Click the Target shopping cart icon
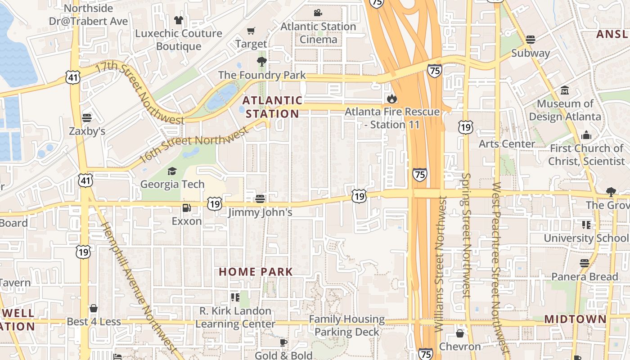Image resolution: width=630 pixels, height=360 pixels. click(x=251, y=31)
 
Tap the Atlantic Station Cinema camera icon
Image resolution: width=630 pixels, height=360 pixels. click(x=318, y=13)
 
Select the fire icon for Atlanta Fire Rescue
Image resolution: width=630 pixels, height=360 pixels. click(x=392, y=98)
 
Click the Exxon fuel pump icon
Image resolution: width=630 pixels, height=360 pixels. click(x=186, y=208)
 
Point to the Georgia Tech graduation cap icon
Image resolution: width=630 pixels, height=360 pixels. click(x=172, y=171)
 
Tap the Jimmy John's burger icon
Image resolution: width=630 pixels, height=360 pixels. click(x=260, y=198)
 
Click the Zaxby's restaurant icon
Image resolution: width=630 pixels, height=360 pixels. click(x=87, y=118)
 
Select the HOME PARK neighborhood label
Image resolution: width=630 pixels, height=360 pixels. click(x=256, y=272)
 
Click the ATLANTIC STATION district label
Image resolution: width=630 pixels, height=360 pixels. click(x=272, y=107)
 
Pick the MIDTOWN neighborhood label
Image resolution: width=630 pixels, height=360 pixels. click(x=575, y=319)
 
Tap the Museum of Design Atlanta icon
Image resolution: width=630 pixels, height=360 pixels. click(x=565, y=90)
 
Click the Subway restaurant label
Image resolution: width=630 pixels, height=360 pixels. click(x=531, y=53)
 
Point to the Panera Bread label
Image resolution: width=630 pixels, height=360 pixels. click(x=585, y=277)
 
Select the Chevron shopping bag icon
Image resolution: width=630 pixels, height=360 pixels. click(x=460, y=333)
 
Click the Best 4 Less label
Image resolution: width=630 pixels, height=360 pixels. click(x=94, y=322)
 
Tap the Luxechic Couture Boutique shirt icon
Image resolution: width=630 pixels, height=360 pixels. click(x=179, y=20)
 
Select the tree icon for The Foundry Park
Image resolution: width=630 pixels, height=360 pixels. click(x=261, y=62)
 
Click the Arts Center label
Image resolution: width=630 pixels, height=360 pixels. click(x=507, y=144)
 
